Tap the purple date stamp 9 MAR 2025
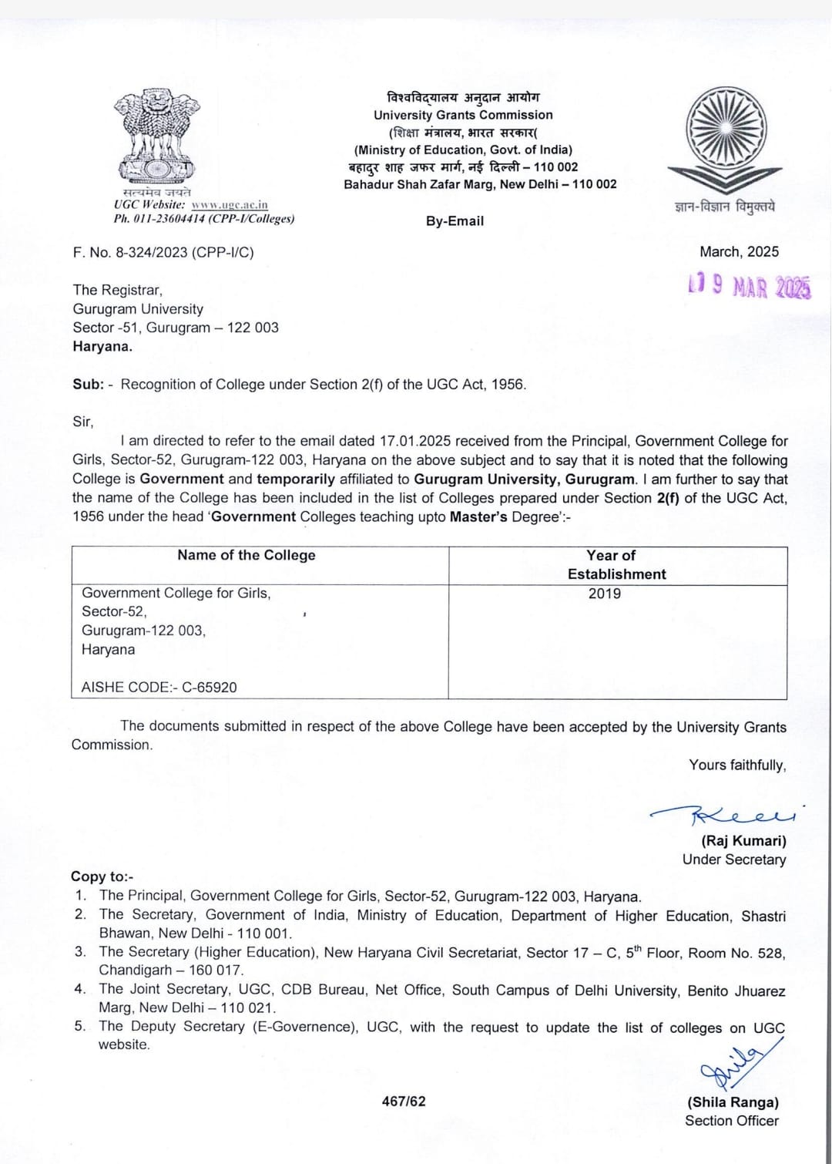click(750, 287)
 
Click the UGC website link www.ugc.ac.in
click(230, 205)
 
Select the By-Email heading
click(455, 221)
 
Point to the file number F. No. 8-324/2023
click(163, 252)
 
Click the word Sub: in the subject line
click(88, 385)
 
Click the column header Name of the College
click(247, 555)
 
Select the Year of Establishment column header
click(616, 564)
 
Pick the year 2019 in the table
click(605, 594)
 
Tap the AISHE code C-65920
click(210, 687)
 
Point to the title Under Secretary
click(734, 860)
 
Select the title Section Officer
click(732, 1121)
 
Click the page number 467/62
click(404, 1102)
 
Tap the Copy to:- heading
click(102, 876)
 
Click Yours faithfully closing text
click(737, 765)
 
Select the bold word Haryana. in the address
click(102, 346)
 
